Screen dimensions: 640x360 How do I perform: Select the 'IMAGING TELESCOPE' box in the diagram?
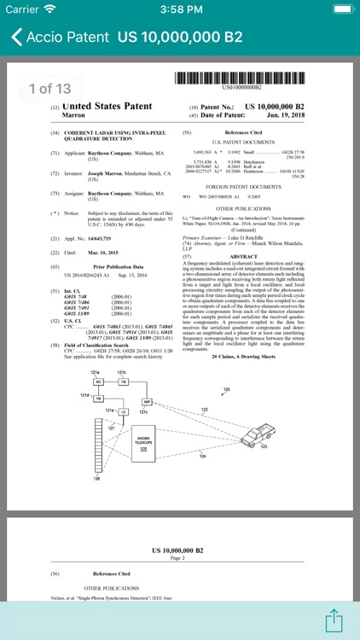[131, 442]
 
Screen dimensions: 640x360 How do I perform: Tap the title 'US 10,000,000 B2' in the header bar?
[180, 38]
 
